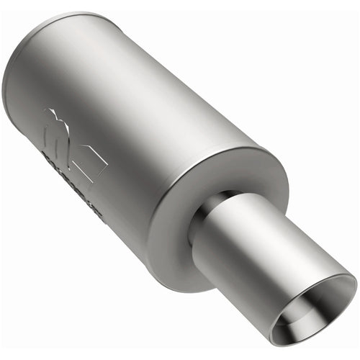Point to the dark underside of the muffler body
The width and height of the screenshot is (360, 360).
108,216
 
